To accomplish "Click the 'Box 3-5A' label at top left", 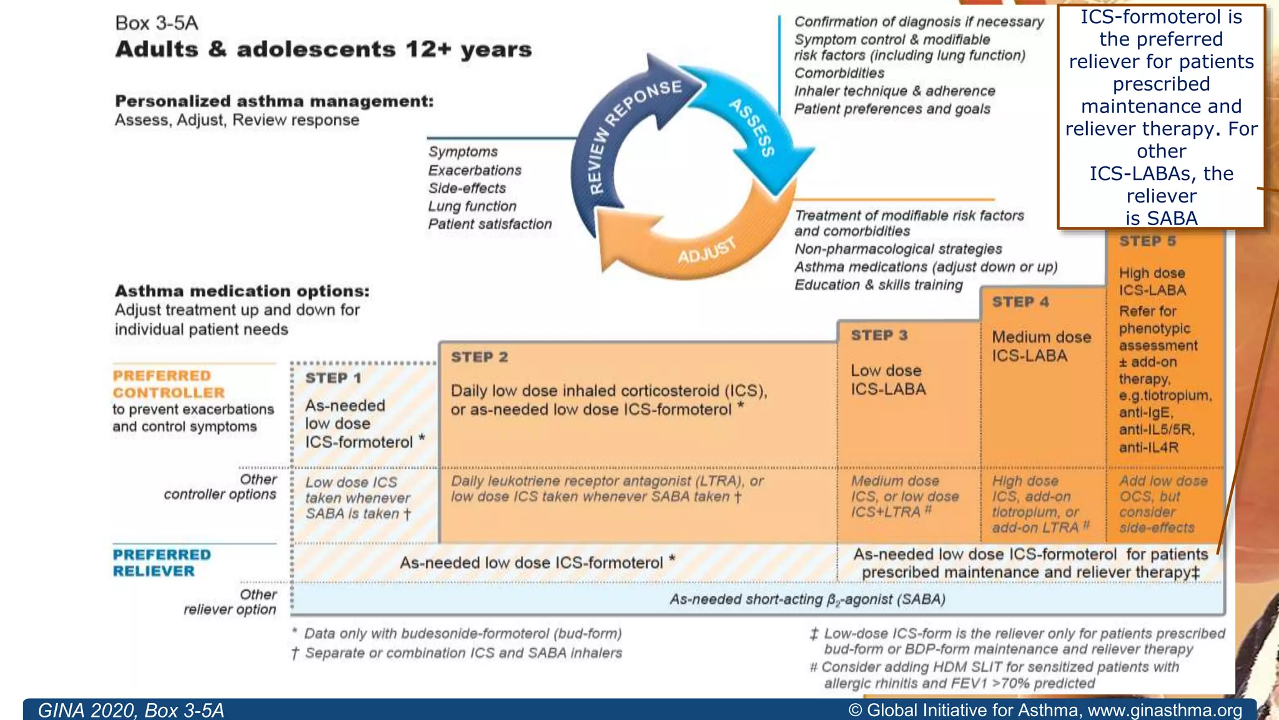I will [156, 23].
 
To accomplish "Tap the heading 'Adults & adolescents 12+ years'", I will [323, 49].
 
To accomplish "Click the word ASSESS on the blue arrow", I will [753, 127].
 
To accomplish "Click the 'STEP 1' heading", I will [333, 378].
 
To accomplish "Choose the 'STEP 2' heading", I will [479, 357].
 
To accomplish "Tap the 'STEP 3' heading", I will [879, 336].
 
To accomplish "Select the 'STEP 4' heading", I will [1020, 302].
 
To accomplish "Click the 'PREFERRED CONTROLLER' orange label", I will [168, 384].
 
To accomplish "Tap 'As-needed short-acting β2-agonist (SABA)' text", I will [807, 599].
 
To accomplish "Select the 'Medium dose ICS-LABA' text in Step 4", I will [1041, 346].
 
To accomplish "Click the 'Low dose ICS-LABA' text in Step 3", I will [888, 379].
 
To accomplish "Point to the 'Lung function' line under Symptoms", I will [472, 206].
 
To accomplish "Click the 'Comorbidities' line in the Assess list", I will [839, 73].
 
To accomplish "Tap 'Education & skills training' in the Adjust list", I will [878, 285].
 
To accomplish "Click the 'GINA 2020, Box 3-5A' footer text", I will [131, 710].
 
